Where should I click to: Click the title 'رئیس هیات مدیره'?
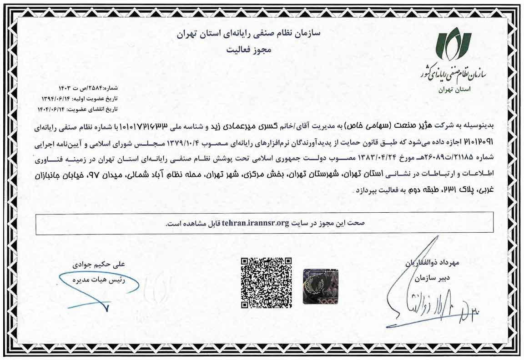tap(93, 276)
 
